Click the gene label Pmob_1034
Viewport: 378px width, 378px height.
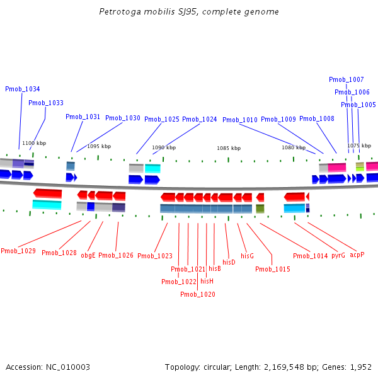[x=23, y=89]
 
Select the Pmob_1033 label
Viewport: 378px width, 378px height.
[x=46, y=103]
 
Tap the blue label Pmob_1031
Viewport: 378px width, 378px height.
[x=83, y=117]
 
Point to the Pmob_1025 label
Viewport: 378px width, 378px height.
[x=162, y=119]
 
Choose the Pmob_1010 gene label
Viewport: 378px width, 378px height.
[x=240, y=120]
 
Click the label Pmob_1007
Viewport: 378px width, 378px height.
[x=346, y=79]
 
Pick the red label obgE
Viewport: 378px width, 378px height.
[x=88, y=255]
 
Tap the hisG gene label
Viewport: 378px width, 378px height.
[x=247, y=256]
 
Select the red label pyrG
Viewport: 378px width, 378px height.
[x=338, y=255]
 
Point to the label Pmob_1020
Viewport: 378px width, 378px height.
[x=198, y=294]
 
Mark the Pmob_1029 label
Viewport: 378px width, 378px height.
[x=18, y=251]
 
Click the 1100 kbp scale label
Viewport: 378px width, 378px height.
[x=34, y=143]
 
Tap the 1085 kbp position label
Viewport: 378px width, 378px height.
[x=229, y=148]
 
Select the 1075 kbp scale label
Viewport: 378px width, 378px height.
[x=358, y=146]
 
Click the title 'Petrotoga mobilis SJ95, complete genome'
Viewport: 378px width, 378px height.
[x=189, y=12]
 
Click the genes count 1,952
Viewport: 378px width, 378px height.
[x=360, y=367]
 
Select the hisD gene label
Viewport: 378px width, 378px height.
[x=229, y=261]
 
